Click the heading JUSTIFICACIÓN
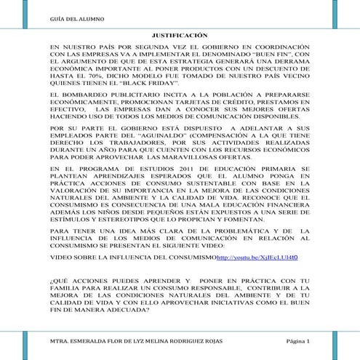pyautogui.click(x=179, y=34)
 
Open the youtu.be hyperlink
pyautogui.click(x=257, y=257)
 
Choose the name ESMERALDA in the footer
pyautogui.click(x=99, y=341)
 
